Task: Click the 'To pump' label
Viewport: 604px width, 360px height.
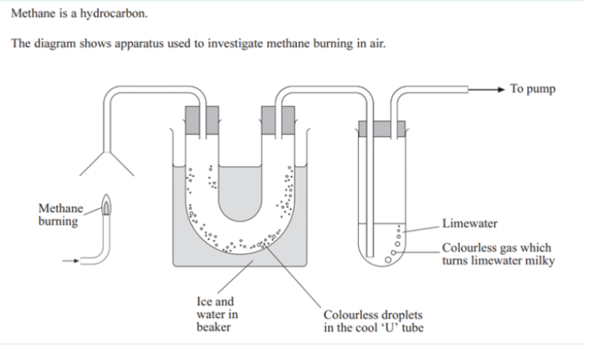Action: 532,89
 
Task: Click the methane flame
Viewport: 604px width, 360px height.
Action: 107,209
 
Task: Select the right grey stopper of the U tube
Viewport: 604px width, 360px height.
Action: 277,118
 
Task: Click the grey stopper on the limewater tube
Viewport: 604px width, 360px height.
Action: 380,129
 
